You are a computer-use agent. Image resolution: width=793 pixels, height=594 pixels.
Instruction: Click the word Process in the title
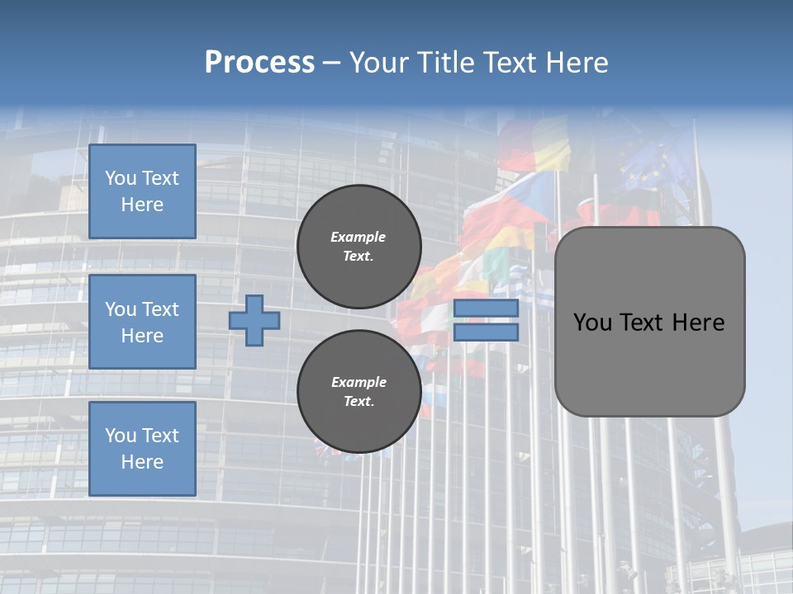[259, 63]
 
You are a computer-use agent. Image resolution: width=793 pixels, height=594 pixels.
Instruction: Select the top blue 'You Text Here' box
[142, 191]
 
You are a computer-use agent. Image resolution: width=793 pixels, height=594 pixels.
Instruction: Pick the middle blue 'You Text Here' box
[142, 322]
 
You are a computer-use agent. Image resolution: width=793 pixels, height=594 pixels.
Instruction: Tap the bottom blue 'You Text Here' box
[142, 449]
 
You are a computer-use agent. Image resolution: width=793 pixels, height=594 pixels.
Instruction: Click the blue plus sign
[254, 320]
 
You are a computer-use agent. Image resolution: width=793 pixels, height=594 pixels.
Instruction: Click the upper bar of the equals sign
[486, 308]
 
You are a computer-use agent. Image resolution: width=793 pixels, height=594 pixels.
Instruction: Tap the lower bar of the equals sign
[486, 332]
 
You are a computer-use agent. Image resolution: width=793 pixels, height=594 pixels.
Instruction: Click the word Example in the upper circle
[359, 237]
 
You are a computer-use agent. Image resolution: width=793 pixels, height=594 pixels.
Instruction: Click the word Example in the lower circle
[359, 382]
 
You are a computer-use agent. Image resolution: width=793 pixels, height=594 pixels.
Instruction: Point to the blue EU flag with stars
[648, 165]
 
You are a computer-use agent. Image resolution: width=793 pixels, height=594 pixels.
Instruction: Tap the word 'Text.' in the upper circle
[359, 256]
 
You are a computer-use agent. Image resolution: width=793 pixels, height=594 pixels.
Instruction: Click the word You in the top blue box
[121, 178]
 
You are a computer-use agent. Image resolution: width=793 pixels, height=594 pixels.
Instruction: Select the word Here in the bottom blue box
[142, 462]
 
